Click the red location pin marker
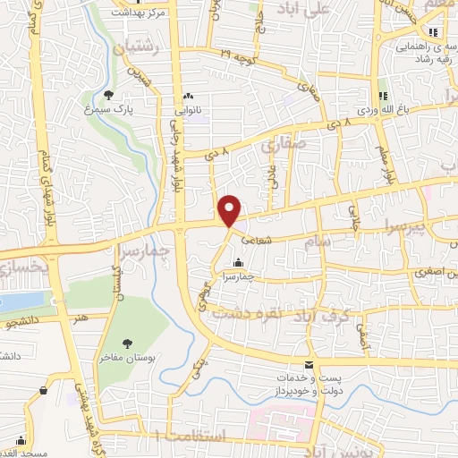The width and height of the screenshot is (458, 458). point(231,210)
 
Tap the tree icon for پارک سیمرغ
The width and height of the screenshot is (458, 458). point(108,94)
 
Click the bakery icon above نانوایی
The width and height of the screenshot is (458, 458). point(187,97)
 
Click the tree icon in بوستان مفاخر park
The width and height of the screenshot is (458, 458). point(126,343)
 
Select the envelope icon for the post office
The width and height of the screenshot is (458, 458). point(310,365)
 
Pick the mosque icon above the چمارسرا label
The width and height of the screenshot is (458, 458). point(238,263)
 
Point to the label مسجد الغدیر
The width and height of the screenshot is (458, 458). point(22,444)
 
